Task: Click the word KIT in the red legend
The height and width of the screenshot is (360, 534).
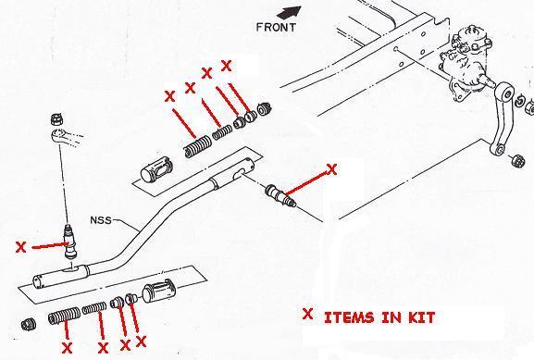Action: [416, 317]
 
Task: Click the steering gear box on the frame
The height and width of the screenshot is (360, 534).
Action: [466, 66]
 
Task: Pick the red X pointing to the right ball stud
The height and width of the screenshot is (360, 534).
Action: [333, 169]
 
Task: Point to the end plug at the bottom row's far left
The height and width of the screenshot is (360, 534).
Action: [29, 325]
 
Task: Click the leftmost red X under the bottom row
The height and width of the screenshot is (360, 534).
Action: [67, 348]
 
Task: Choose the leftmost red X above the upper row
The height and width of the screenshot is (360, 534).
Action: [168, 95]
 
